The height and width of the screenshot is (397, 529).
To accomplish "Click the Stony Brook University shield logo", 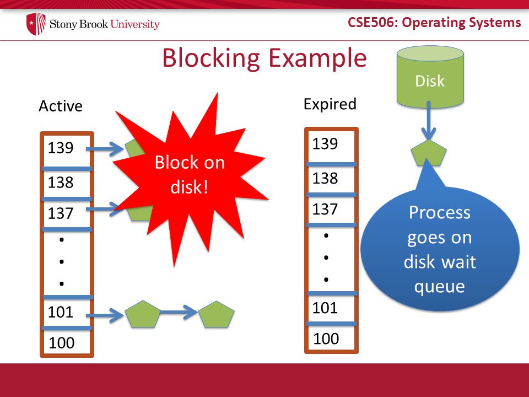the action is [36, 24].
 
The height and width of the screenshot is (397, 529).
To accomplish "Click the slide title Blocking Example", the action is [264, 58].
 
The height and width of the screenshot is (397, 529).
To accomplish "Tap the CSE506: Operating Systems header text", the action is [434, 23].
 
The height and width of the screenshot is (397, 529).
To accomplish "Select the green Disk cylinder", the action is [430, 77].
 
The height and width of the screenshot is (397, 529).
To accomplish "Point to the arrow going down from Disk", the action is [429, 121].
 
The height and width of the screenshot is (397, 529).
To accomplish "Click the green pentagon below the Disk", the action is [429, 153].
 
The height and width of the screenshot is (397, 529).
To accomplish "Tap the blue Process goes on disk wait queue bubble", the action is [440, 244].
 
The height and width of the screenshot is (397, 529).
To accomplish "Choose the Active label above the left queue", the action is [61, 106].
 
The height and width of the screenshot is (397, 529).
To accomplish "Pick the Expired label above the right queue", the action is [330, 104].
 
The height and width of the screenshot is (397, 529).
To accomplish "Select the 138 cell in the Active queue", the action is [67, 184].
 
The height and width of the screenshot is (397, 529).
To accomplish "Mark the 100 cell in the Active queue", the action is [67, 342].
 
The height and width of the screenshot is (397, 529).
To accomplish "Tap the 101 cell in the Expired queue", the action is [331, 308].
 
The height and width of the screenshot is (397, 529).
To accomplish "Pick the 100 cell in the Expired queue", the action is [331, 338].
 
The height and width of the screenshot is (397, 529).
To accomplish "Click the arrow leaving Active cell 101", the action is [105, 315].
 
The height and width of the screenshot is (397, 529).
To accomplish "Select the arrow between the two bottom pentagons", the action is [179, 312].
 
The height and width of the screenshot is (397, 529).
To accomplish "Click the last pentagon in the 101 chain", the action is [216, 315].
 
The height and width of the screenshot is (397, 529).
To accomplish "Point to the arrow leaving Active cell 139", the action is [105, 149].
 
